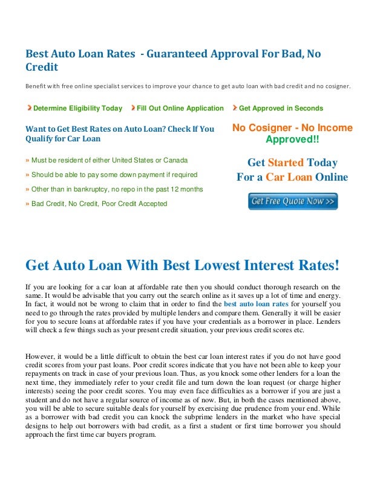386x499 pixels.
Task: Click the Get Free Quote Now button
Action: point(293,201)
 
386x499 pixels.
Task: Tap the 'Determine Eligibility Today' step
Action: point(77,108)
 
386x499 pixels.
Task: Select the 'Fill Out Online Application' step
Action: point(180,108)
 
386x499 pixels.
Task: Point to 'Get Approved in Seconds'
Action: point(281,108)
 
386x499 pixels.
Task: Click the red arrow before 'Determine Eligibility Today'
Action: point(29,108)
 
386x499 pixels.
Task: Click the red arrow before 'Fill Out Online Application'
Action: point(132,108)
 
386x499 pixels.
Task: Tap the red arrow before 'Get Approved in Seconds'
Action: point(235,108)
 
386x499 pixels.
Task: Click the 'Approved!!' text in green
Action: point(292,140)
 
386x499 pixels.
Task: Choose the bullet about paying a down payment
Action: point(111,175)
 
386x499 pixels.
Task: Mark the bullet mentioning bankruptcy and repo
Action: point(114,189)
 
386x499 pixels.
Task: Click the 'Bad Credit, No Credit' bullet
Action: point(96,204)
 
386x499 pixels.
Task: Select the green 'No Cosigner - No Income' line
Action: point(292,128)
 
